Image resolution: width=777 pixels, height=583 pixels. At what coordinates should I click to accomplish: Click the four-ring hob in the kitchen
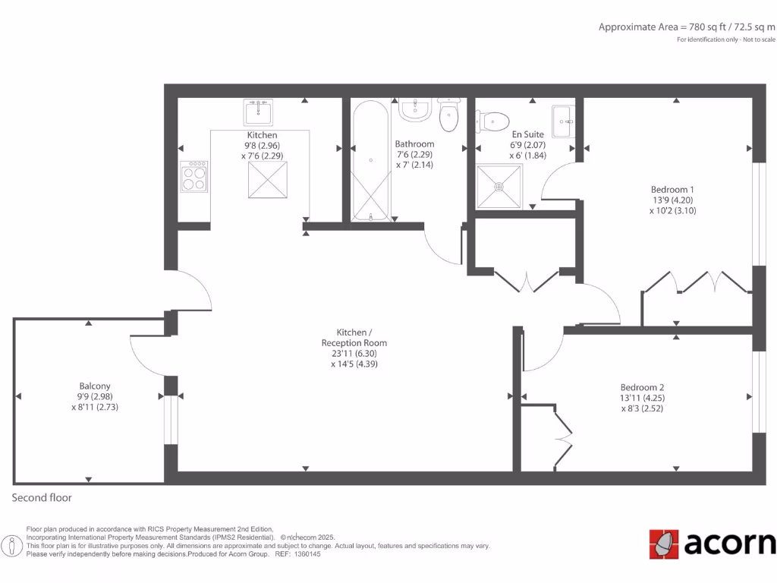[193, 177]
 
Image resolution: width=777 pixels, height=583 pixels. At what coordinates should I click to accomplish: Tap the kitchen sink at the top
[259, 112]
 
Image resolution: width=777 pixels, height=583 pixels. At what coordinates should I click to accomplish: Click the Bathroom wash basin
[415, 111]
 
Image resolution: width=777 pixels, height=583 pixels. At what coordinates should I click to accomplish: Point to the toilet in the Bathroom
[449, 115]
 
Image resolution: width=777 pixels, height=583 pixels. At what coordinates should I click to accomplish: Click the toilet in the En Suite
[492, 121]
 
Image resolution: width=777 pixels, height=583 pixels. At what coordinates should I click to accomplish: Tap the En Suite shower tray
[499, 186]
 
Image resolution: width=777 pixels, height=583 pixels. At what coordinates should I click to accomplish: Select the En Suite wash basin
[562, 121]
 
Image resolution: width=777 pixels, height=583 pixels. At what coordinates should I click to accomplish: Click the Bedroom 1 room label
[672, 200]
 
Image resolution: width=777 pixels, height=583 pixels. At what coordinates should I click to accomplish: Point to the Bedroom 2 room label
[642, 397]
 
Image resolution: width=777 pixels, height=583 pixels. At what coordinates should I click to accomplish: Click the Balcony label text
[95, 395]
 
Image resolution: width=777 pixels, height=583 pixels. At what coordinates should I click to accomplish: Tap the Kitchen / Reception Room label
[354, 348]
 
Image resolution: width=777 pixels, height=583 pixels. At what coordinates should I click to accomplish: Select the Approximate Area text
[687, 27]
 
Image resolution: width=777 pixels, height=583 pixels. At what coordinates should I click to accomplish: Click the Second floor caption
[42, 498]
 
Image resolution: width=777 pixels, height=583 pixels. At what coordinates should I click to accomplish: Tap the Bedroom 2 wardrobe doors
[563, 439]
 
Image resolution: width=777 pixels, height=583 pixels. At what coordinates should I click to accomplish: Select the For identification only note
[726, 39]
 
